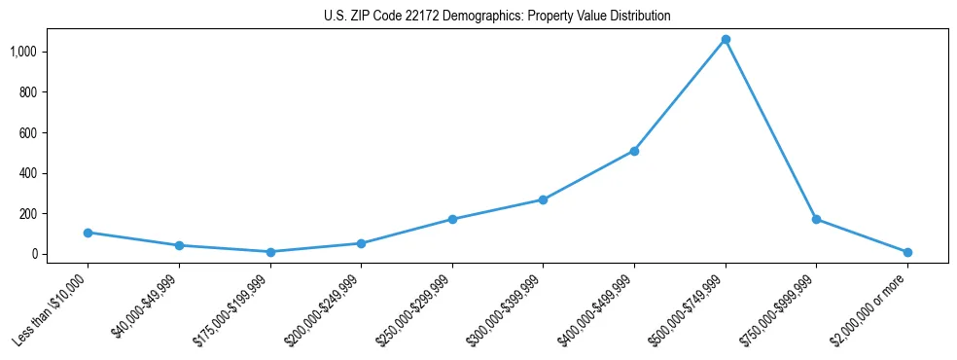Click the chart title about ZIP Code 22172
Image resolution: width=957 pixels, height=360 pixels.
[x=497, y=17]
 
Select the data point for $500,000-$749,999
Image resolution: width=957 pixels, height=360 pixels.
[x=726, y=40]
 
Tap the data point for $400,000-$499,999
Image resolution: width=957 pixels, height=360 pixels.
[x=634, y=151]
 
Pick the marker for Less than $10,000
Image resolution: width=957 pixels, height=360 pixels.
[x=88, y=233]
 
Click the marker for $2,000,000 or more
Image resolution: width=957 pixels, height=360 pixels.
[x=907, y=252]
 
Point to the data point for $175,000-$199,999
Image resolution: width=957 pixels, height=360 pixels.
[x=270, y=252]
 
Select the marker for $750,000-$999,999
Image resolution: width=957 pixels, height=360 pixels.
[x=816, y=219]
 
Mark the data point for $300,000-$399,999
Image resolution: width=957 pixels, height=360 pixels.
[x=543, y=199]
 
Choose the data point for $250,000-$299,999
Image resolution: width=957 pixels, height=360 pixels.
[x=452, y=219]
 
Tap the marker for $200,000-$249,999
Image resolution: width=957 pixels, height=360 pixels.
[x=361, y=243]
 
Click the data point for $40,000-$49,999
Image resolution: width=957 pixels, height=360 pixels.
[x=179, y=245]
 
